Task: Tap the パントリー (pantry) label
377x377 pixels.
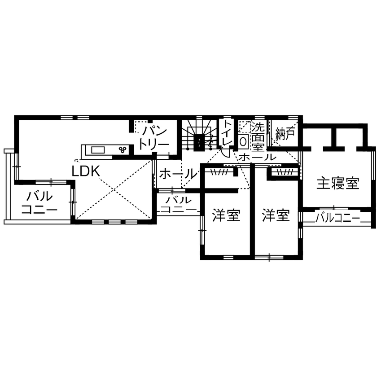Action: [x=153, y=137]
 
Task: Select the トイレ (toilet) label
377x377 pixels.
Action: [x=227, y=133]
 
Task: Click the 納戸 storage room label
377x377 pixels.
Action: [x=285, y=133]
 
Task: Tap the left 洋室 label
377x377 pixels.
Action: [x=225, y=216]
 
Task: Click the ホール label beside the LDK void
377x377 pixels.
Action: [x=178, y=173]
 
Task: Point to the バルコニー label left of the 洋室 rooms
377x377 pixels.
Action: [x=179, y=204]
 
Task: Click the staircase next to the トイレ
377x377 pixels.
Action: [x=197, y=135]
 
